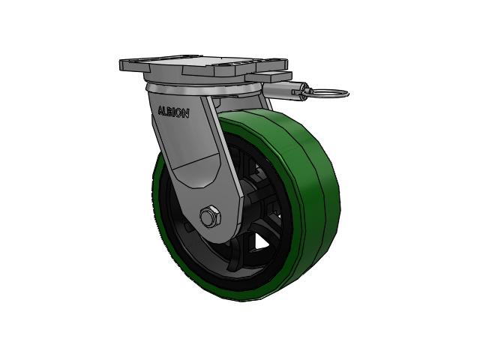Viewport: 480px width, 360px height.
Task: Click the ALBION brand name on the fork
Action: pyautogui.click(x=173, y=112)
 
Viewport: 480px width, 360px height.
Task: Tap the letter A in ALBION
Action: pyautogui.click(x=161, y=110)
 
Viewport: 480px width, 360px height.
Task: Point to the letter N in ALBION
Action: pyautogui.click(x=185, y=114)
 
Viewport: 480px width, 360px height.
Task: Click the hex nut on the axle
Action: pyautogui.click(x=210, y=217)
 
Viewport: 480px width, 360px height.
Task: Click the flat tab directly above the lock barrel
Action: pyautogui.click(x=268, y=76)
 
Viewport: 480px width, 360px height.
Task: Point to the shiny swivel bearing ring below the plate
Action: pyautogui.click(x=202, y=91)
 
